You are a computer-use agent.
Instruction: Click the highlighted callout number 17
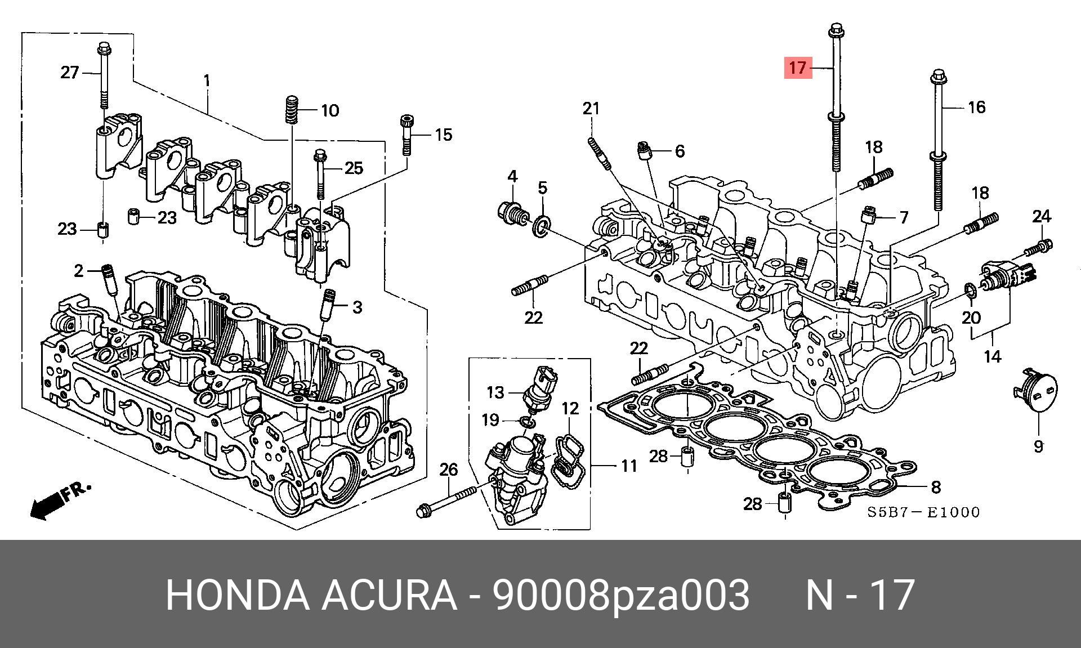(x=798, y=68)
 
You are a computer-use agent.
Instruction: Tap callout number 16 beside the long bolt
(x=976, y=107)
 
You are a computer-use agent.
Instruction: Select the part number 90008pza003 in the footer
(x=620, y=595)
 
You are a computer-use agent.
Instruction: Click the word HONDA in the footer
(x=237, y=595)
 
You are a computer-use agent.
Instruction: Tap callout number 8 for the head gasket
(x=935, y=487)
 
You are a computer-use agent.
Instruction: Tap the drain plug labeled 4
(x=511, y=211)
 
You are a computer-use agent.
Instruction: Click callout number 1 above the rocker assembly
(x=207, y=81)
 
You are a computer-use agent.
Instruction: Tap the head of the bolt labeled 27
(x=103, y=47)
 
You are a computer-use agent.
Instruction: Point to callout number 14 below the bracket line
(x=992, y=356)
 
